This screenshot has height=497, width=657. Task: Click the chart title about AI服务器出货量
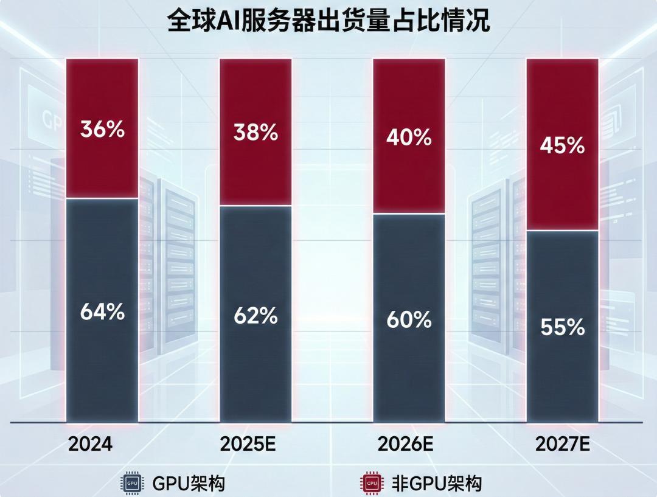328,21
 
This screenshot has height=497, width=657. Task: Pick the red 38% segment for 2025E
255,164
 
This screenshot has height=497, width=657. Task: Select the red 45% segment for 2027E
563,182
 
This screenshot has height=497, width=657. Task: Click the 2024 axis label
90,445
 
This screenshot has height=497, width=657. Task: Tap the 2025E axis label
248,445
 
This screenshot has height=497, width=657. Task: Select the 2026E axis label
405,445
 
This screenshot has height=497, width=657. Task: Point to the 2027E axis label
563,445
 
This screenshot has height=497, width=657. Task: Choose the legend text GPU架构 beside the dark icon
189,484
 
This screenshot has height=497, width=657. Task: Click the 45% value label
563,146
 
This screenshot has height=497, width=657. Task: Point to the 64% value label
102,312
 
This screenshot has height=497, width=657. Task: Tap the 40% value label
409,137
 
